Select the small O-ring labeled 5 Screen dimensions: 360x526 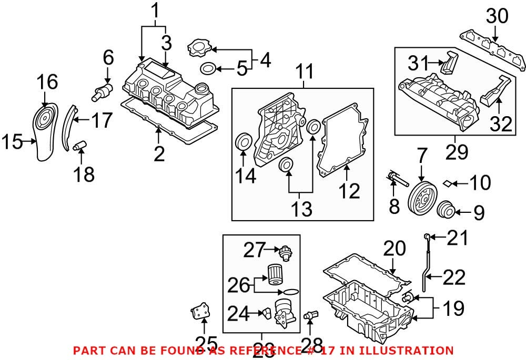tap(208, 68)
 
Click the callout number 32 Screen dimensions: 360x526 tap(501, 125)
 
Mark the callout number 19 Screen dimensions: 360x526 tap(452, 308)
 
